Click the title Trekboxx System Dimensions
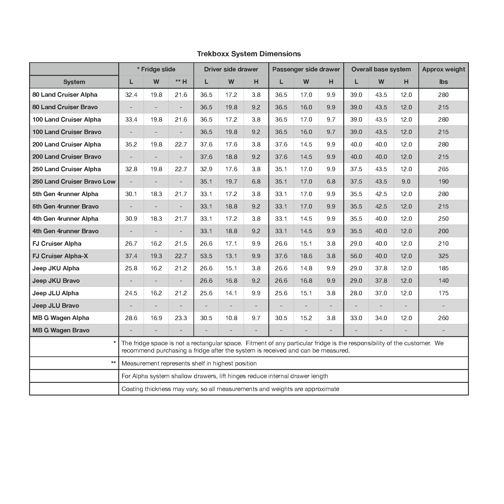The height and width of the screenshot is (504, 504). pyautogui.click(x=249, y=54)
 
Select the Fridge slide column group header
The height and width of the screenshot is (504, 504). pyautogui.click(x=156, y=69)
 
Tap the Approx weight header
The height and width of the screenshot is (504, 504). pyautogui.click(x=443, y=69)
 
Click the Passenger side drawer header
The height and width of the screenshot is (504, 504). pyautogui.click(x=306, y=69)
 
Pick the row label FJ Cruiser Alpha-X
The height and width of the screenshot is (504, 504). pyautogui.click(x=60, y=256)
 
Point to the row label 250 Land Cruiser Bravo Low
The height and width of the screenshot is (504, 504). pyautogui.click(x=74, y=181)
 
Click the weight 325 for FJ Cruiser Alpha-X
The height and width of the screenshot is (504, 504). pyautogui.click(x=443, y=256)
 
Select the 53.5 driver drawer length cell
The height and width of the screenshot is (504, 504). pyautogui.click(x=206, y=256)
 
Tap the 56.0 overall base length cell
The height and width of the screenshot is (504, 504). pyautogui.click(x=356, y=256)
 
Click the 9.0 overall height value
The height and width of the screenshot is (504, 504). pyautogui.click(x=406, y=181)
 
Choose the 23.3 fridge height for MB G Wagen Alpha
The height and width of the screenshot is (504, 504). pyautogui.click(x=181, y=318)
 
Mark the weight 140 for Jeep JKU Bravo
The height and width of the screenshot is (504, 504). pyautogui.click(x=443, y=281)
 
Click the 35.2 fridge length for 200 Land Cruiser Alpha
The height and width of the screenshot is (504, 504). pyautogui.click(x=131, y=144)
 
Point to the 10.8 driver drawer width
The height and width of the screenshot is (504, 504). pyautogui.click(x=231, y=318)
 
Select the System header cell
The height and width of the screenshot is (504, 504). pyautogui.click(x=74, y=82)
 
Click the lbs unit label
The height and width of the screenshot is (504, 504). pyautogui.click(x=443, y=82)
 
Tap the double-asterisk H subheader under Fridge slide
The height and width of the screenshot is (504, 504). pyautogui.click(x=181, y=82)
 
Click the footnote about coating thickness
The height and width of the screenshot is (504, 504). pyautogui.click(x=230, y=389)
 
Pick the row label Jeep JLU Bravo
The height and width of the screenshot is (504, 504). pyautogui.click(x=56, y=305)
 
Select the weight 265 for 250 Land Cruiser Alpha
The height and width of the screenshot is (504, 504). pyautogui.click(x=443, y=169)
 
